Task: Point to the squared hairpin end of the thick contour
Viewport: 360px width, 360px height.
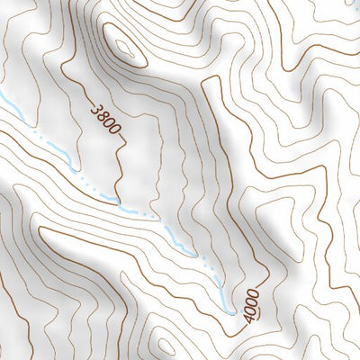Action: pyautogui.click(x=213, y=83)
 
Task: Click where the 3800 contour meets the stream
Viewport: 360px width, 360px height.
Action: pyautogui.click(x=117, y=198)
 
